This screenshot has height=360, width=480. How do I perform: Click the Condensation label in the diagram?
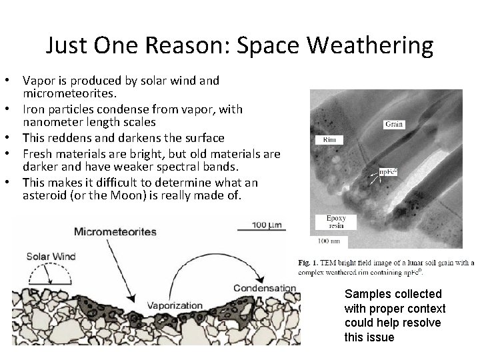point(264,288)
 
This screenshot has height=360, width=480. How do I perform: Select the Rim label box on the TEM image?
point(328,140)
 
